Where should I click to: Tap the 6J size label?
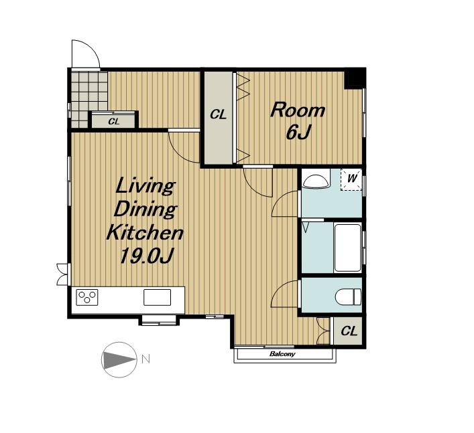(x=298, y=132)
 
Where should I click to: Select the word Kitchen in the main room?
(x=145, y=233)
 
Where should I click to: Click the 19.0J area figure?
(x=146, y=256)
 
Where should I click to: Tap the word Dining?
(x=145, y=209)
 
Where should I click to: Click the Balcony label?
(x=282, y=354)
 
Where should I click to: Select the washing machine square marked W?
(x=351, y=179)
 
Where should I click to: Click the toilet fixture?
(x=348, y=296)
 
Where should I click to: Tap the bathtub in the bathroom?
(x=348, y=248)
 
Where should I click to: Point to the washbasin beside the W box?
(x=316, y=182)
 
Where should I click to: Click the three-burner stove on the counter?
(x=87, y=297)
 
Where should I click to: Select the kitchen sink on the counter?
(x=157, y=297)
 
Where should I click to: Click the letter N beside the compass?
(x=145, y=359)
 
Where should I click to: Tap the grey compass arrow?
(x=119, y=360)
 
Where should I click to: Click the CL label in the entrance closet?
(x=114, y=122)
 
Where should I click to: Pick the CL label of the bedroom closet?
(x=219, y=114)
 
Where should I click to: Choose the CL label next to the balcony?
(x=349, y=331)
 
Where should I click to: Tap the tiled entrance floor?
(x=89, y=100)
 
